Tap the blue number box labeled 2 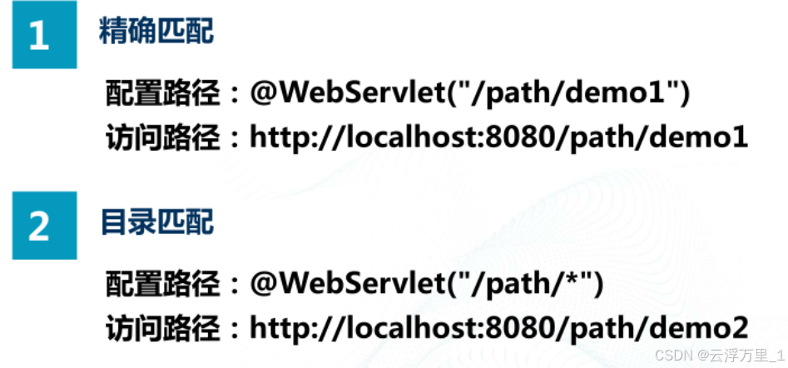pos(43,226)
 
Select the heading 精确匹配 pos(156,32)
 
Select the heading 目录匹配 pos(156,221)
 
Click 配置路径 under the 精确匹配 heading pos(163,94)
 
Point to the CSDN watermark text pos(669,354)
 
